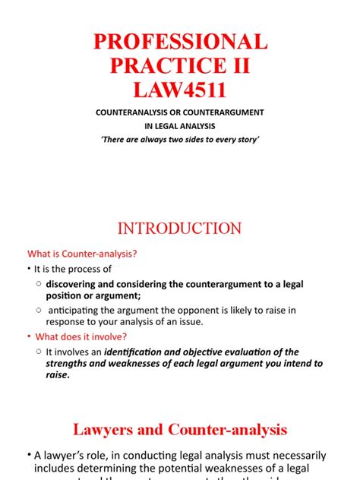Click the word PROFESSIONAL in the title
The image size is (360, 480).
(x=180, y=41)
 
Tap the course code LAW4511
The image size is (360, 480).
(x=180, y=91)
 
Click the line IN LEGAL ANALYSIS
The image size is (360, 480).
(x=180, y=126)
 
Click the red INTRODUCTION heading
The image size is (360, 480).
(x=180, y=228)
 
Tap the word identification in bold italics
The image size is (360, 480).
(x=142, y=352)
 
